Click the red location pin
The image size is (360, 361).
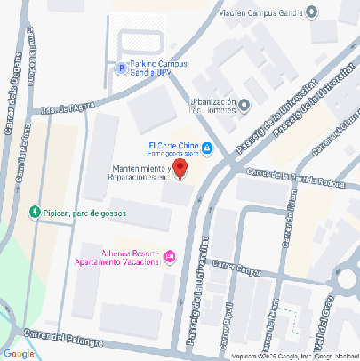click(179, 169)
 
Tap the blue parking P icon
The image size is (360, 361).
click(120, 68)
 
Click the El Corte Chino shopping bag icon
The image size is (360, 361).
click(207, 148)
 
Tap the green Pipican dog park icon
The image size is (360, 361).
click(35, 213)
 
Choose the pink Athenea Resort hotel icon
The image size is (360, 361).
click(171, 256)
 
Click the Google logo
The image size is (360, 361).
click(20, 352)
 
